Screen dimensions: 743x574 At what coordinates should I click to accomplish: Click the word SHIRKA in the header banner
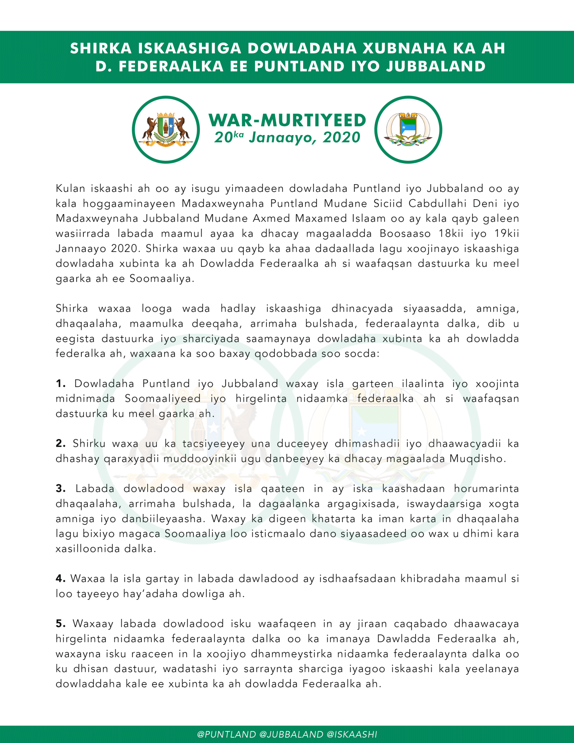point(101,48)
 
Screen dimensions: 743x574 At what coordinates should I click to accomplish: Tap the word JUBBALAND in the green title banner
point(436,66)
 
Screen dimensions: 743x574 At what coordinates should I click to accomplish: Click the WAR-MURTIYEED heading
point(287,121)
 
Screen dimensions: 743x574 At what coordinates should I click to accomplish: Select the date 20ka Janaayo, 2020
point(287,137)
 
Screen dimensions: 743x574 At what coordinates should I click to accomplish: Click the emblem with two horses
point(166,130)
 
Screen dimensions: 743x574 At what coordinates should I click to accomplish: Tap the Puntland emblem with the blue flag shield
point(408,130)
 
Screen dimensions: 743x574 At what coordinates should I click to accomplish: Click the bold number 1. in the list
point(60,384)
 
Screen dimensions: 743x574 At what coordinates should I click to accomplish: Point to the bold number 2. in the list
point(60,444)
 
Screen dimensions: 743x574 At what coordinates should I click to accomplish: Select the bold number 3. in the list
point(60,489)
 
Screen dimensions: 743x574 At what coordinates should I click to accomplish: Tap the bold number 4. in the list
point(60,579)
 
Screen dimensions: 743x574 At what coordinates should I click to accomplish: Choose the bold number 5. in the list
point(60,624)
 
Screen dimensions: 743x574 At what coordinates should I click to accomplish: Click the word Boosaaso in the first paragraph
point(405,234)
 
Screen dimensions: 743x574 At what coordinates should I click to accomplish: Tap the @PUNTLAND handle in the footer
point(227,735)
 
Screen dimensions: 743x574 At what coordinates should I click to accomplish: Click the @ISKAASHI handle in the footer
point(351,735)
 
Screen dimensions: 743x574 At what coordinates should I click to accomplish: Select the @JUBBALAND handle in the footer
point(291,735)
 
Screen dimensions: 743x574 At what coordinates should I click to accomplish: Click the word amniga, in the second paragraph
point(497,309)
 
